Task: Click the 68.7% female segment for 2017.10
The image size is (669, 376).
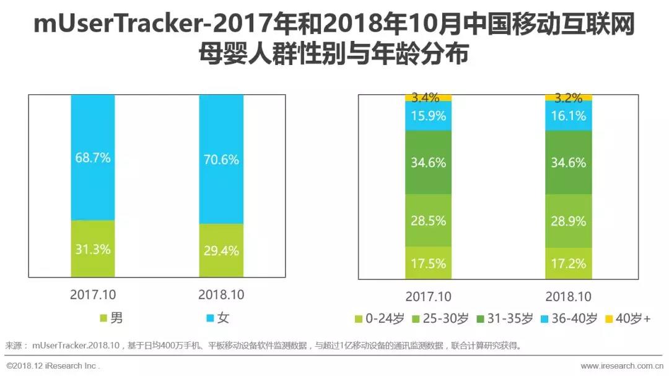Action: point(93,157)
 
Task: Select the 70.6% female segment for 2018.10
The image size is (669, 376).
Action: point(221,159)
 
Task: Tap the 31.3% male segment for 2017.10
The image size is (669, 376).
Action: point(93,248)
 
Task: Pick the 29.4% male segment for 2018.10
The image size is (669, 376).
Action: point(221,250)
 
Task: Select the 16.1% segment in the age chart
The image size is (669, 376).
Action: point(568,116)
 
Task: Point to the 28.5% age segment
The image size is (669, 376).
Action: point(428,221)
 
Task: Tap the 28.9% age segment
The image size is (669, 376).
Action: point(568,221)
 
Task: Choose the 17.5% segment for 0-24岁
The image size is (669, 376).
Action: point(428,263)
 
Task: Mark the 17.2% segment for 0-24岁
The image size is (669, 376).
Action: point(568,263)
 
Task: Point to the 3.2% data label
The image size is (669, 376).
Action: point(568,97)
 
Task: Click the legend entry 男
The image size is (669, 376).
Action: point(111,318)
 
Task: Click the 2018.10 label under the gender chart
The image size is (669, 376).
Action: point(221,295)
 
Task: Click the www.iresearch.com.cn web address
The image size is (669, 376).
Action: point(622,366)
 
